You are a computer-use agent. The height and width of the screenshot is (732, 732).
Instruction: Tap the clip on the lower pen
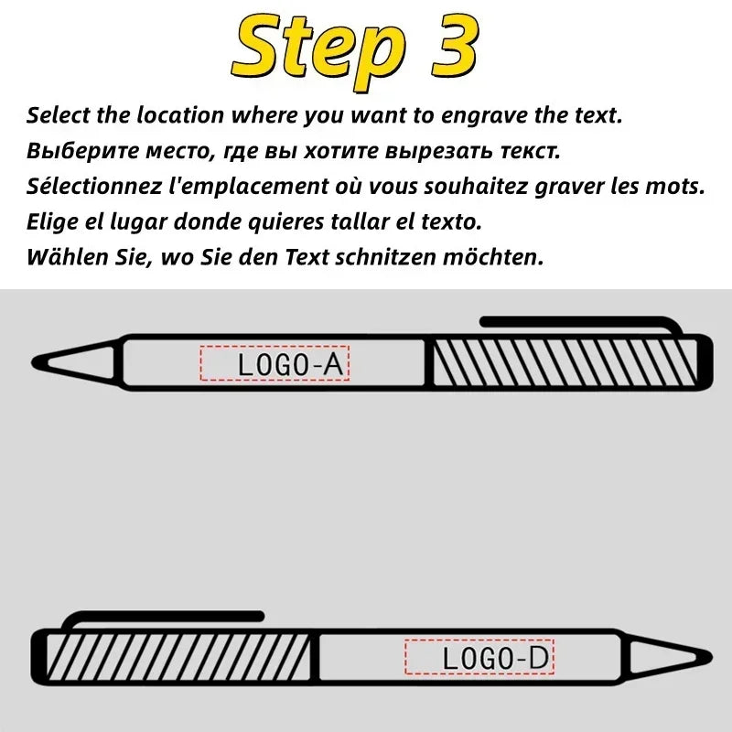click(165, 618)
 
